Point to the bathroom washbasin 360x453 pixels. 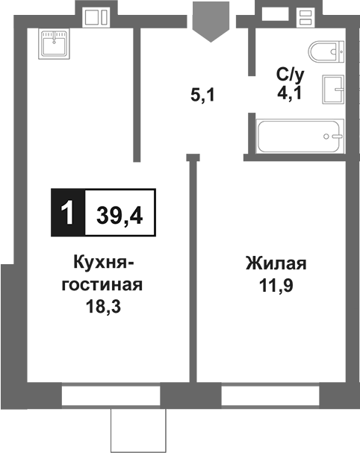tap(333, 90)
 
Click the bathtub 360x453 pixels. tap(300, 137)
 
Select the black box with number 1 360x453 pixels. tap(68, 214)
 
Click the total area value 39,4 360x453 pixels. tap(120, 215)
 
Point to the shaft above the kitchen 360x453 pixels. tap(96, 16)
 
